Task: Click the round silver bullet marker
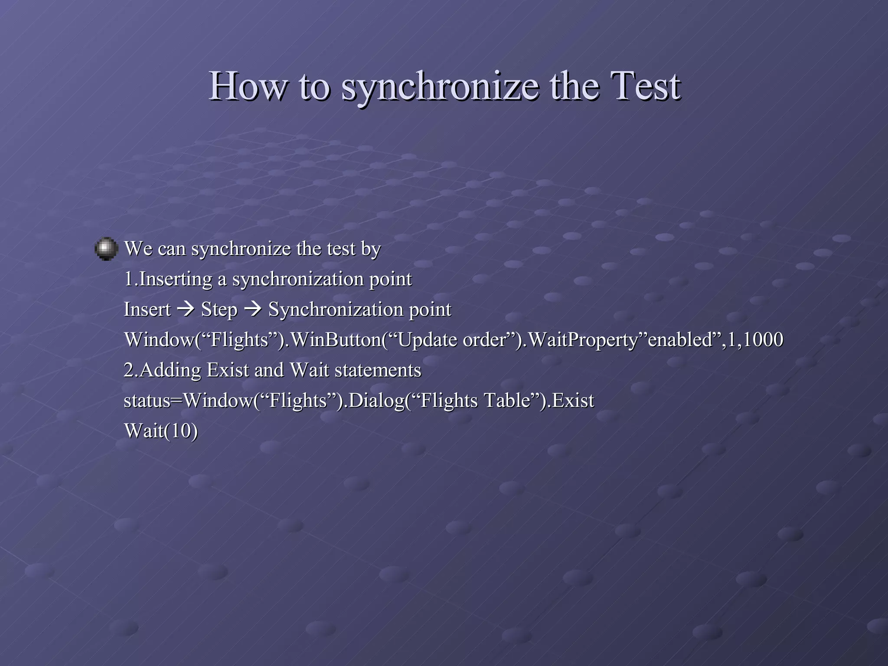tap(106, 249)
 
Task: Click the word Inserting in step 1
tap(176, 279)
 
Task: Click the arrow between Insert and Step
tap(186, 310)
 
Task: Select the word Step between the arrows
tap(219, 310)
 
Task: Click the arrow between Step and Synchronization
tap(253, 310)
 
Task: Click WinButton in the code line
tap(336, 340)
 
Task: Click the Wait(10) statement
tap(161, 431)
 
